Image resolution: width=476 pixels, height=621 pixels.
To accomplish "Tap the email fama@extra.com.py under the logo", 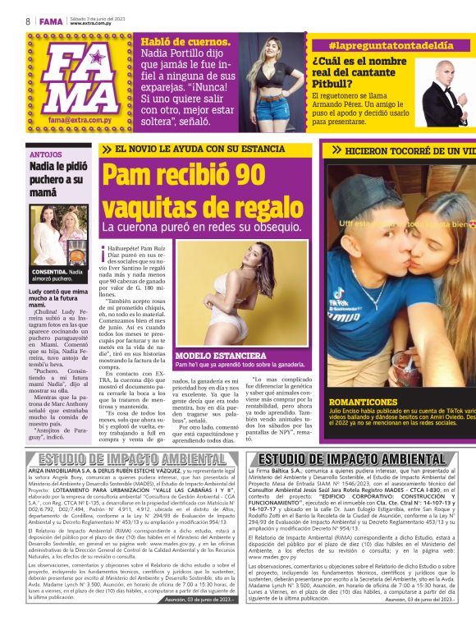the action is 80,120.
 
